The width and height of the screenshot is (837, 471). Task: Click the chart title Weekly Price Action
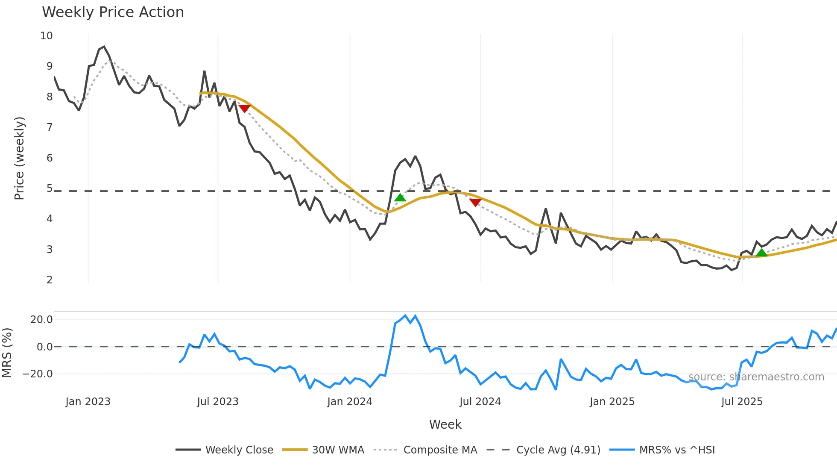tap(113, 12)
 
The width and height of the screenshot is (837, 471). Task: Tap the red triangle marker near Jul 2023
tap(244, 109)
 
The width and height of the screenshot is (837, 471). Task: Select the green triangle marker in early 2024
tap(400, 197)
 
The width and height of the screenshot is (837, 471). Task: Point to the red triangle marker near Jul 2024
tap(475, 203)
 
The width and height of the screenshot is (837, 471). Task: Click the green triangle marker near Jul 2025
tap(761, 253)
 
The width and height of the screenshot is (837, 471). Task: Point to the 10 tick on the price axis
tap(47, 36)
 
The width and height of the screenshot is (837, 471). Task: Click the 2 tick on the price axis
tap(50, 280)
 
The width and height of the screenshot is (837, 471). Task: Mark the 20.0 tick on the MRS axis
tap(41, 320)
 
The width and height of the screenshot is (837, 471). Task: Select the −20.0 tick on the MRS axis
tap(38, 374)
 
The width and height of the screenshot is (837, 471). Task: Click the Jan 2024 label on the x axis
tap(350, 402)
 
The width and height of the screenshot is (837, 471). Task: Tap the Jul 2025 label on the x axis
tap(742, 402)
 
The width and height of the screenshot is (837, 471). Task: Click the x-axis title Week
tap(445, 424)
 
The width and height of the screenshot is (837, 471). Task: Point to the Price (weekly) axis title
tap(20, 158)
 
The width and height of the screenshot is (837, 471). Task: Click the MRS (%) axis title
tap(7, 353)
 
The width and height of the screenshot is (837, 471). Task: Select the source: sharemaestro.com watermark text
tap(756, 377)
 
